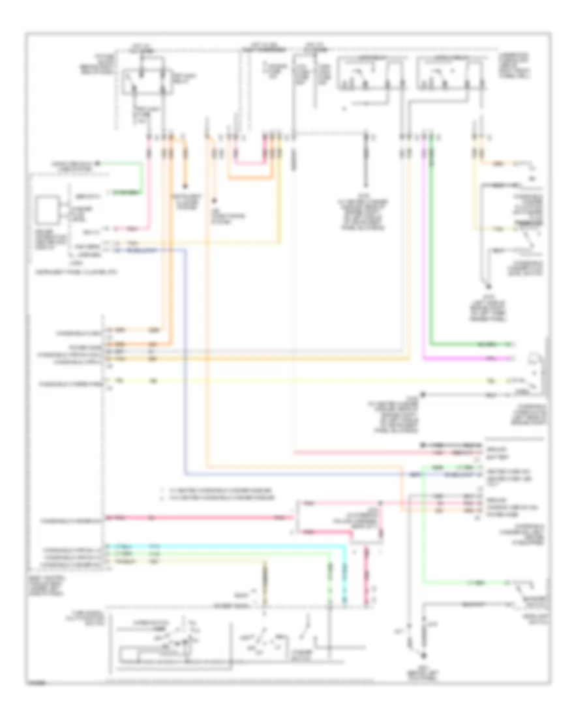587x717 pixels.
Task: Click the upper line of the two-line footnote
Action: point(215,488)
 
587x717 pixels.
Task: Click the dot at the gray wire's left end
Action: point(422,394)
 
